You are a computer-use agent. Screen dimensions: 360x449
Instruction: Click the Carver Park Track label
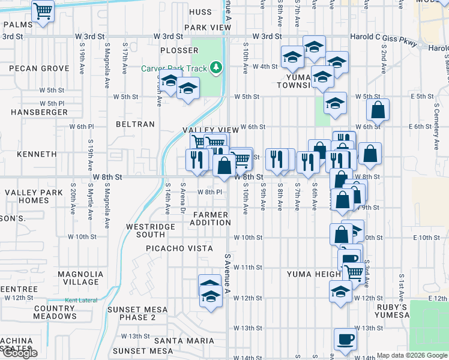(x=173, y=68)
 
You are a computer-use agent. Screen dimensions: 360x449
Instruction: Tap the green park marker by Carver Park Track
(x=213, y=68)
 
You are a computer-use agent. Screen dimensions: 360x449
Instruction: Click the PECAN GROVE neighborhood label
(x=39, y=68)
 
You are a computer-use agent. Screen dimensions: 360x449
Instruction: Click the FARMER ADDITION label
(x=210, y=218)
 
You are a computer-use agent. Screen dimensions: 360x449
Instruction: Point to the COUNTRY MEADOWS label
(x=55, y=312)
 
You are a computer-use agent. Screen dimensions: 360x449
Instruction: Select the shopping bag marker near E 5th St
(x=378, y=110)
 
